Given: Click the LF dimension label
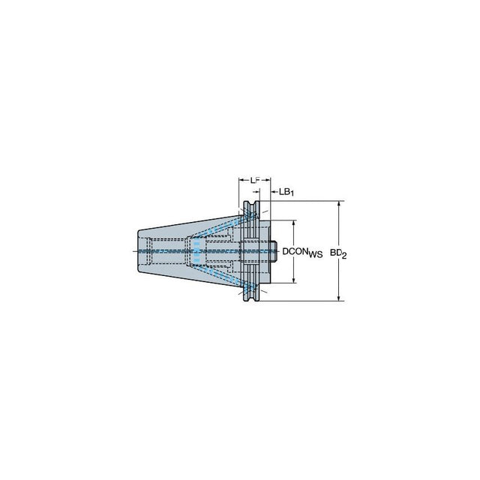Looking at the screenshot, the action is click(x=255, y=180).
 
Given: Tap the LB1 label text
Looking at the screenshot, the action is click(x=286, y=192).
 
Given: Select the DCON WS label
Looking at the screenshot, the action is click(x=302, y=253).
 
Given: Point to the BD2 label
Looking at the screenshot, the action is click(x=338, y=253).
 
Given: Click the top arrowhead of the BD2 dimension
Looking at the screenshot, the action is click(x=338, y=204).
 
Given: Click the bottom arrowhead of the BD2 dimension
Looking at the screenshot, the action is click(x=338, y=298).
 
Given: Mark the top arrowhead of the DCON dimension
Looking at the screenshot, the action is click(x=293, y=223).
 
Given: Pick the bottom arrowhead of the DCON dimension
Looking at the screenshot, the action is click(x=293, y=280).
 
